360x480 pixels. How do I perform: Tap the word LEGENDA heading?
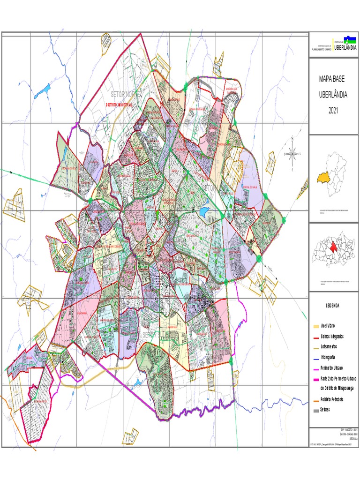click(x=333, y=306)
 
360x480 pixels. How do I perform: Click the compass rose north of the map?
click(x=292, y=152)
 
